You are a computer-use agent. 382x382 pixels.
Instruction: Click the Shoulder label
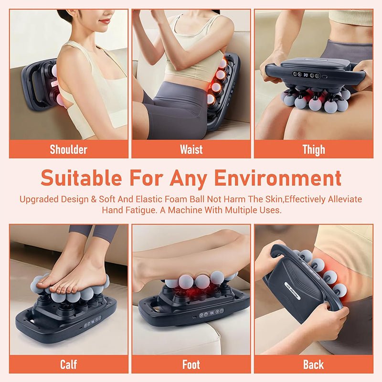click(69, 149)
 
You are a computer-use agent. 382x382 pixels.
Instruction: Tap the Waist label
click(191, 149)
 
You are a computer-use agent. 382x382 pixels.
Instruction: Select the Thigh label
click(314, 149)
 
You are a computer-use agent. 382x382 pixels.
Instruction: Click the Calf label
click(69, 365)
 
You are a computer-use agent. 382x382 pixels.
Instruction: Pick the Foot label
click(191, 365)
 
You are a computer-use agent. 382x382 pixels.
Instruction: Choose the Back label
click(314, 365)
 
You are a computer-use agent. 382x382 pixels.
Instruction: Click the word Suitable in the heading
click(81, 178)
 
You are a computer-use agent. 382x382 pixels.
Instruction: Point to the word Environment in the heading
click(278, 178)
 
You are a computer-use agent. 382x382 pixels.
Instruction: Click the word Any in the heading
click(188, 178)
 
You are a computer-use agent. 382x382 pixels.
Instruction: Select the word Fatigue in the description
click(143, 210)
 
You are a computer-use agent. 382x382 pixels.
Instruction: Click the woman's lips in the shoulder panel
click(105, 21)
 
